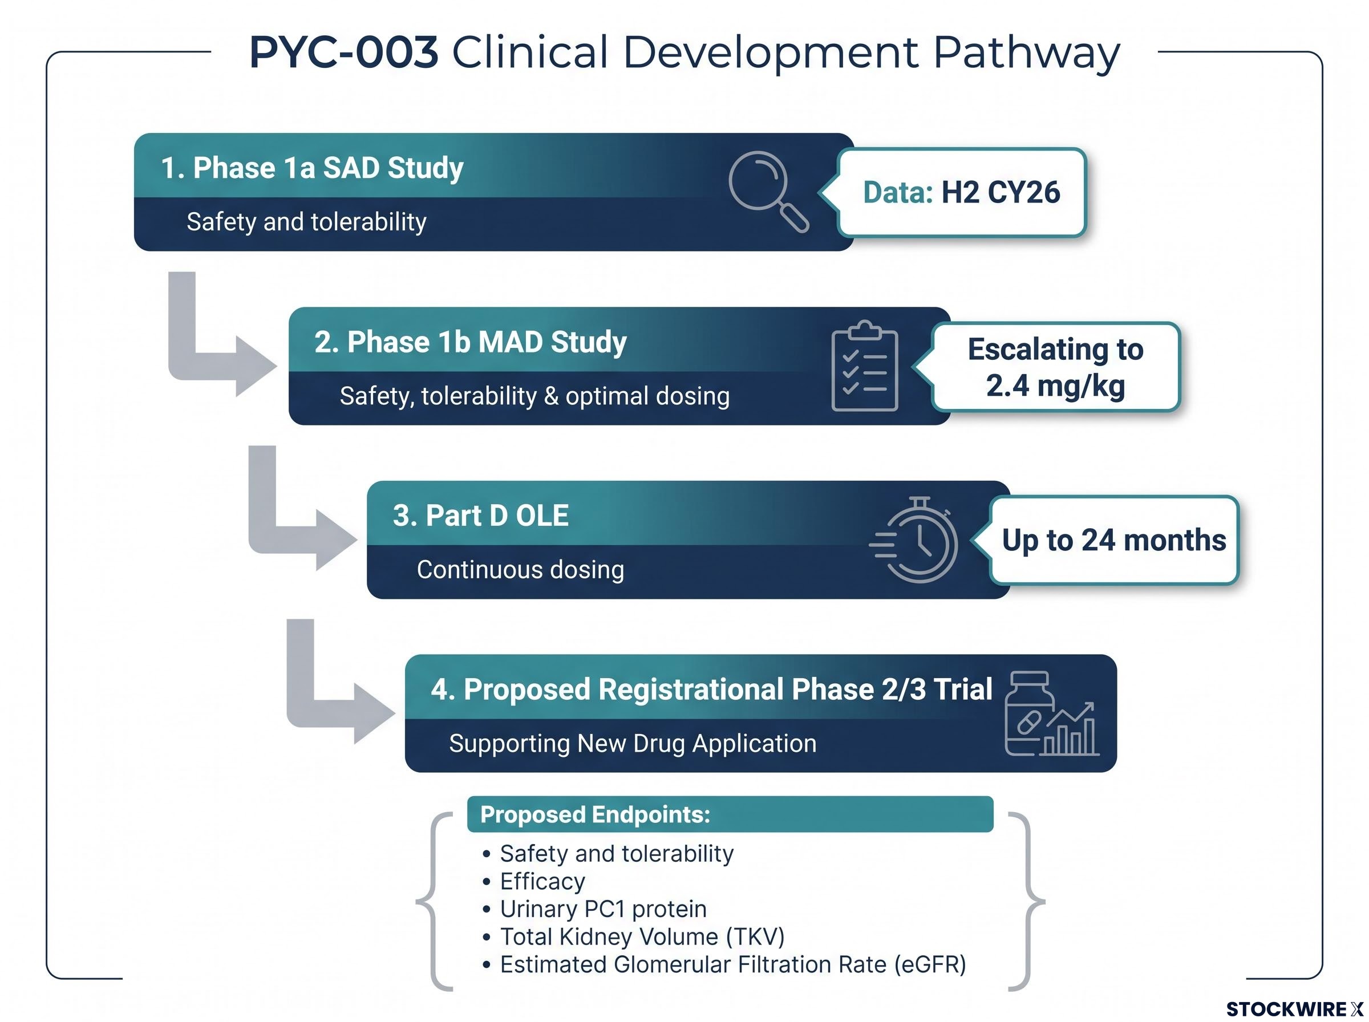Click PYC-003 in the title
(x=344, y=52)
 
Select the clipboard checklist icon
(x=864, y=366)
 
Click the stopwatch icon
(x=914, y=540)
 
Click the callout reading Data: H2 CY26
(x=961, y=192)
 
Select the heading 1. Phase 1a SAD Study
(x=312, y=168)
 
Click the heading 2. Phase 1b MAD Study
(x=470, y=342)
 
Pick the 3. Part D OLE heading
(x=481, y=516)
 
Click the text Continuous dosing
(x=520, y=570)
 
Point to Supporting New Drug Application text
(x=633, y=744)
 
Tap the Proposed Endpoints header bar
(x=730, y=814)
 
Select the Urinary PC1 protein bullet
(x=594, y=909)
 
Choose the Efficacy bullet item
(x=534, y=882)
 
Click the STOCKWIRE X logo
(x=1294, y=1009)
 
